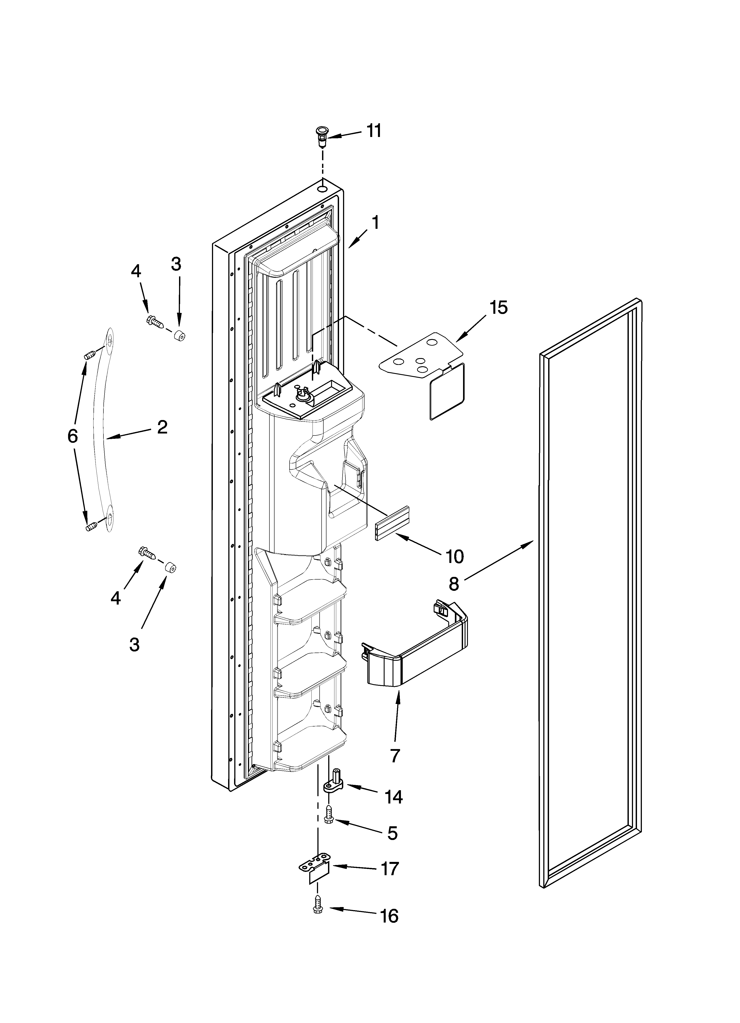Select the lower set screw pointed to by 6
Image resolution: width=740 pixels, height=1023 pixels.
pos(92,526)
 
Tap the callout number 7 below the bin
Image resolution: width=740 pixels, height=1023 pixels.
pos(395,755)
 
